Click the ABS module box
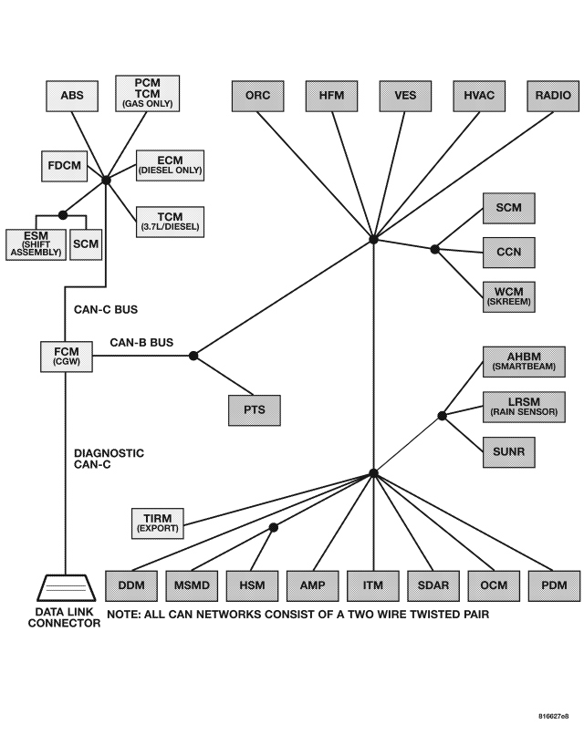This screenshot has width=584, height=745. pyautogui.click(x=71, y=96)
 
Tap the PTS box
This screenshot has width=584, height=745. pyautogui.click(x=254, y=409)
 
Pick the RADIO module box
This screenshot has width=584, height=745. pyautogui.click(x=553, y=96)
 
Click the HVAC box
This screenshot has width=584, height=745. pyautogui.click(x=479, y=96)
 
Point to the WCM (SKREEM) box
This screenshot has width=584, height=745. pyautogui.click(x=508, y=295)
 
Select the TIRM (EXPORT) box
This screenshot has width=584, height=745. pyautogui.click(x=158, y=523)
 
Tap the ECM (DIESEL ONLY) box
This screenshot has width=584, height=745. pyautogui.click(x=170, y=164)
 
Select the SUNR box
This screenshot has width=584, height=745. pyautogui.click(x=508, y=450)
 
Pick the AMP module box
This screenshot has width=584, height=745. pyautogui.click(x=312, y=585)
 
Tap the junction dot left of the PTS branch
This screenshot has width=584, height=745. pyautogui.click(x=193, y=356)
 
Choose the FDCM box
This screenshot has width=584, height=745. pyautogui.click(x=67, y=167)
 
